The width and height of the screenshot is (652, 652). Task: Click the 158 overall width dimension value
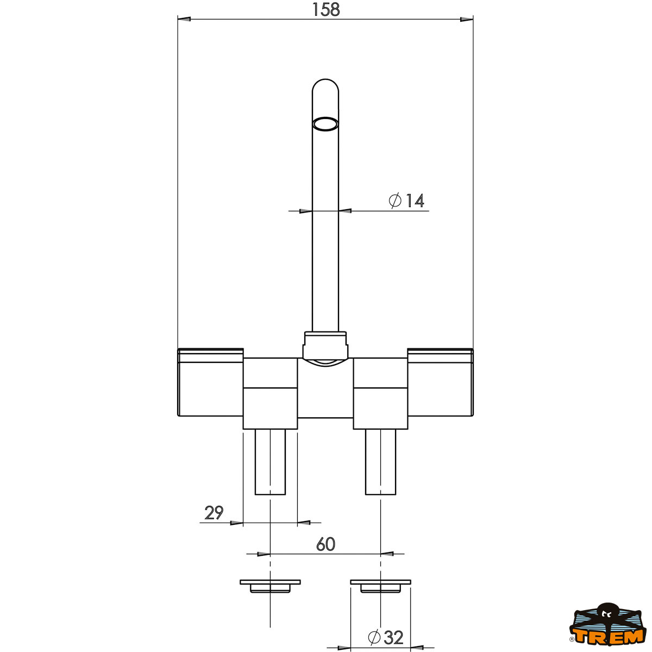(326, 9)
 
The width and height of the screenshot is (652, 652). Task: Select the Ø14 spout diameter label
(406, 200)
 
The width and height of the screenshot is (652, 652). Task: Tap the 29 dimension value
(214, 512)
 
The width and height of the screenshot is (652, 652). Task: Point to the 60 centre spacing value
(325, 544)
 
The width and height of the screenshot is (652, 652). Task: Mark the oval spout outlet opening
(325, 124)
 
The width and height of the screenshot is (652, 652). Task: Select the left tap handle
(210, 383)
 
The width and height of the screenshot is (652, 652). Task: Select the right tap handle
(440, 383)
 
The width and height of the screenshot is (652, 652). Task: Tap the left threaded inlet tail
(271, 462)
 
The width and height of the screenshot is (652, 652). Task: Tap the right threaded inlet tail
(380, 462)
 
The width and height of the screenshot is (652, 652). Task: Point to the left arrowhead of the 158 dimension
(185, 20)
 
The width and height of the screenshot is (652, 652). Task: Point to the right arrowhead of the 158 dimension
(466, 20)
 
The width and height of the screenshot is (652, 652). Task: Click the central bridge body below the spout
(325, 391)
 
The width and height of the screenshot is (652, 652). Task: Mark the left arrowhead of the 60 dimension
(264, 554)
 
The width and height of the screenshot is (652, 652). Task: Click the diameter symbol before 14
(396, 200)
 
